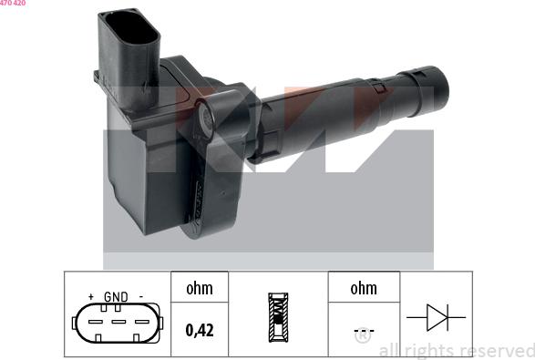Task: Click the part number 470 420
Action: pyautogui.click(x=13, y=4)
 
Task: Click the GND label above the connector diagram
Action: pyautogui.click(x=116, y=297)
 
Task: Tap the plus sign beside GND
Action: pyautogui.click(x=90, y=297)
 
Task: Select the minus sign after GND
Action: pyautogui.click(x=141, y=297)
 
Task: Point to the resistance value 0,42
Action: pyautogui.click(x=199, y=331)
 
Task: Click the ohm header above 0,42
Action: pyautogui.click(x=199, y=289)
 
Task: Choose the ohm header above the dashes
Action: pyautogui.click(x=363, y=289)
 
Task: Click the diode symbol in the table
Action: pyautogui.click(x=435, y=318)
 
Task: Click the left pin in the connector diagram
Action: pyautogui.click(x=95, y=320)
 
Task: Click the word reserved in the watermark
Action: pyautogui.click(x=497, y=350)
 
